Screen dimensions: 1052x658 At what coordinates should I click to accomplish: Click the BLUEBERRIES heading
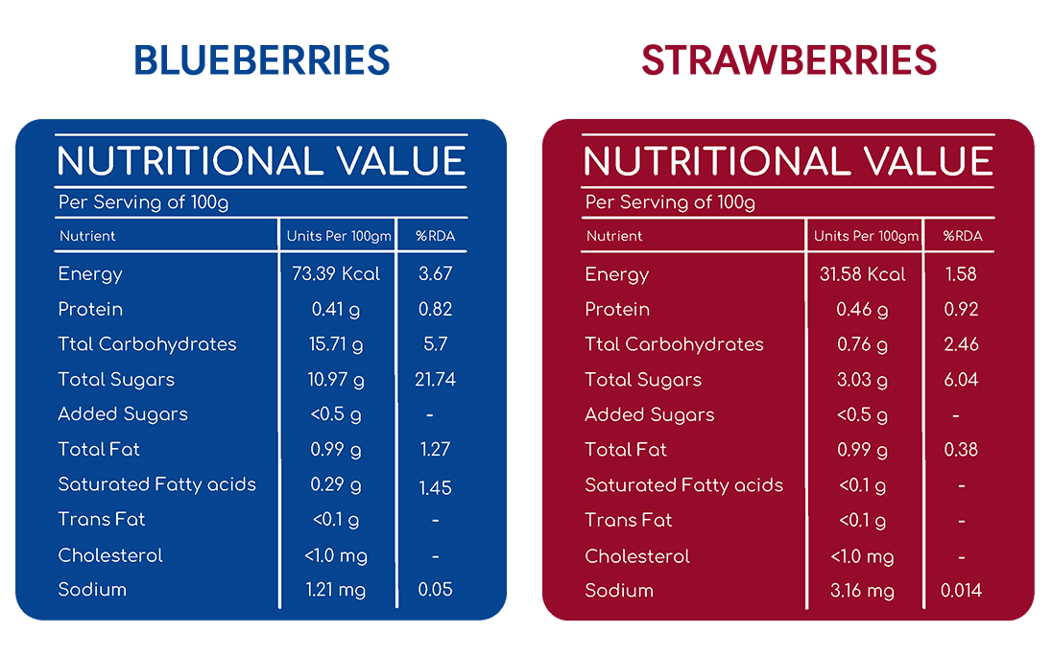[x=262, y=59]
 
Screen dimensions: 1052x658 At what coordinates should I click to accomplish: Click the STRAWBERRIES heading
[x=789, y=59]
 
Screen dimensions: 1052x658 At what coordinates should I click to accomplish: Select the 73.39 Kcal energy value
[x=335, y=273]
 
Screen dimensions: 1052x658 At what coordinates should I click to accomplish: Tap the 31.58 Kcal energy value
[x=862, y=274]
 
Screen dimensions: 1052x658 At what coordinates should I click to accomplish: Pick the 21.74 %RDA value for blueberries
[x=435, y=380]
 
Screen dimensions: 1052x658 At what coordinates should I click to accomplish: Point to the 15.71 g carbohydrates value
[x=335, y=344]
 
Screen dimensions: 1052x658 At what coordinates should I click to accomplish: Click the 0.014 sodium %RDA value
[x=961, y=590]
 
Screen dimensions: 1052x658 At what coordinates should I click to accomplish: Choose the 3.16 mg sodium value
[x=862, y=591]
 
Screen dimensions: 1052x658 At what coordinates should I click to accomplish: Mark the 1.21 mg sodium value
[x=335, y=590]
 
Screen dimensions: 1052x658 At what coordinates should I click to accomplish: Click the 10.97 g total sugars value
[x=335, y=380]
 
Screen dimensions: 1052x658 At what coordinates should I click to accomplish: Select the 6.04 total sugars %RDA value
[x=961, y=380]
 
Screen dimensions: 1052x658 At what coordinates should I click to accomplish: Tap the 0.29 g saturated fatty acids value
[x=335, y=485]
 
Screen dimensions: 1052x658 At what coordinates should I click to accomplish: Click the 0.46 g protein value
[x=862, y=310]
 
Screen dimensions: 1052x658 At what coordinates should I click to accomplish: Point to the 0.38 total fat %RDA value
[x=961, y=450]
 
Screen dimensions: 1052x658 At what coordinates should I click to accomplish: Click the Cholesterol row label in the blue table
[x=110, y=555]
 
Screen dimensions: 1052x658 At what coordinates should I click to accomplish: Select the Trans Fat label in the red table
[x=628, y=520]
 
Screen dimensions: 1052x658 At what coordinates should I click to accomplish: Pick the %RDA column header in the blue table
[x=435, y=236]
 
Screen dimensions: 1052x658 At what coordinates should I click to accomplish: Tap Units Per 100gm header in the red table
[x=866, y=237]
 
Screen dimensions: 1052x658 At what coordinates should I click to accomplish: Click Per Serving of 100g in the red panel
[x=670, y=202]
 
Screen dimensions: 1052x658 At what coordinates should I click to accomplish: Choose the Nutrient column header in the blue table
[x=87, y=236]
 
